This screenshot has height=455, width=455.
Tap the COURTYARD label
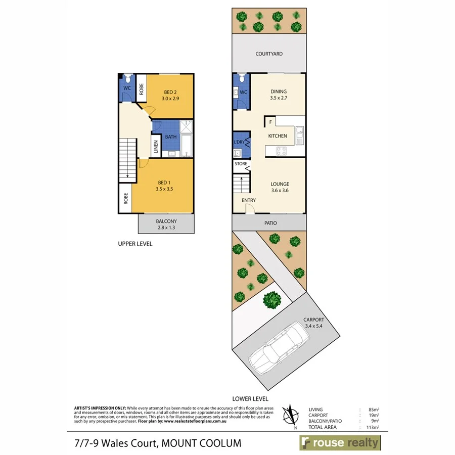coord(269,54)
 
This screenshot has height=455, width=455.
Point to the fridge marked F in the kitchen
coord(270,122)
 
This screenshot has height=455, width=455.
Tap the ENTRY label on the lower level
coord(248,201)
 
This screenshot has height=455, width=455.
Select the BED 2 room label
coord(170,95)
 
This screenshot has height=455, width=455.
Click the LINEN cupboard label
coord(156,147)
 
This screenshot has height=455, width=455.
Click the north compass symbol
coord(290,416)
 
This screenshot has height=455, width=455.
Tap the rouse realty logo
coord(340,443)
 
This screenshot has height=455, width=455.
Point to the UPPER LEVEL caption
coord(135,244)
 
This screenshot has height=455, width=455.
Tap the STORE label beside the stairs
coord(241,164)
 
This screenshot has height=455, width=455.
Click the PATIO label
coord(269,222)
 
